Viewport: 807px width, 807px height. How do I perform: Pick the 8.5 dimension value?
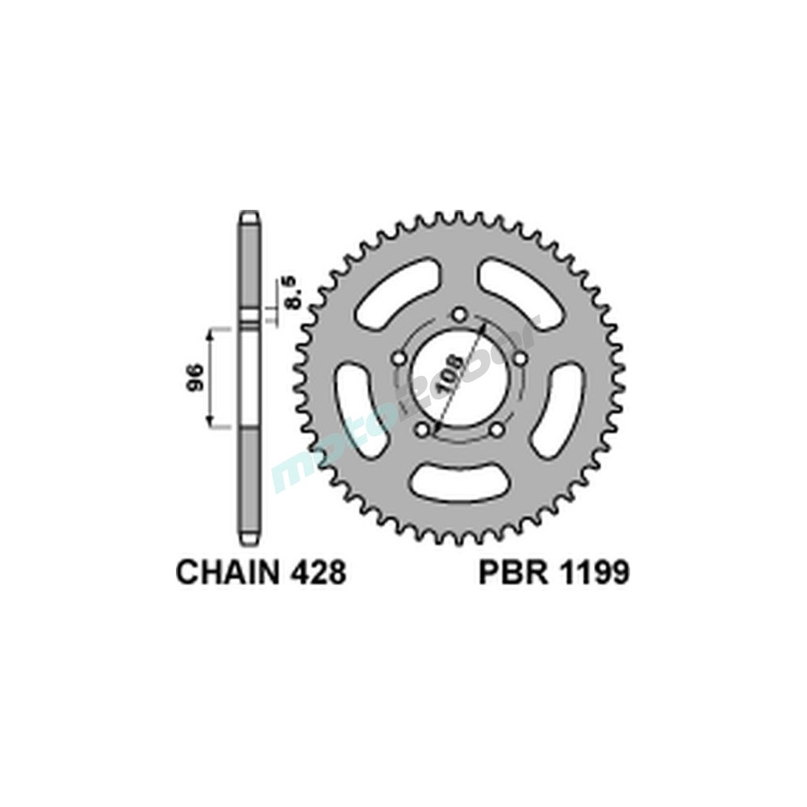point(292,292)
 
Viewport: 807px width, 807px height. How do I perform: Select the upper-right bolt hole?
point(521,358)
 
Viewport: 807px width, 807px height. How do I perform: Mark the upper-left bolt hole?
point(398,358)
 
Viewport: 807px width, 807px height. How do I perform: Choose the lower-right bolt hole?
point(497,429)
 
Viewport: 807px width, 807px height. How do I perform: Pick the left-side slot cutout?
point(356,408)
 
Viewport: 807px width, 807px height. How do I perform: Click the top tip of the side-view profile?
point(249,215)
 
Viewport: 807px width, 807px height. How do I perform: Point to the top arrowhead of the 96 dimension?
point(211,332)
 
